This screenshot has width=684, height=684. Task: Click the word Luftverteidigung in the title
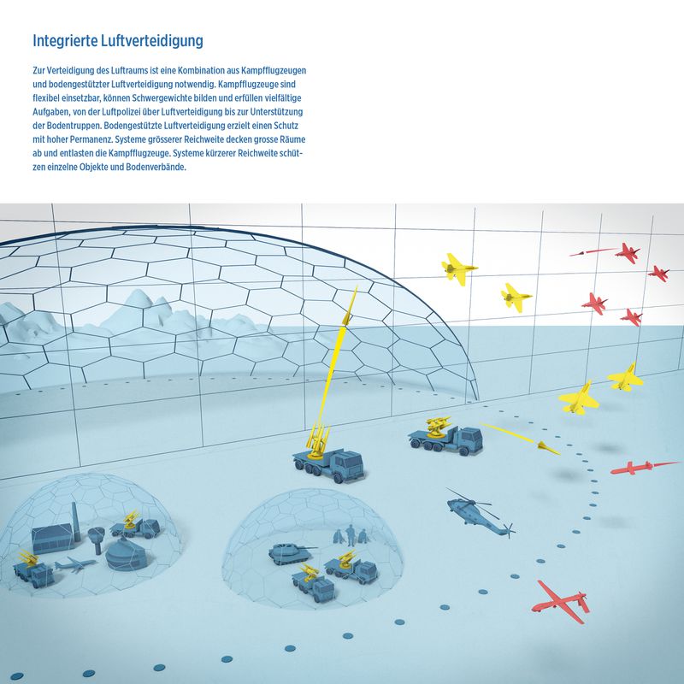pos(152,40)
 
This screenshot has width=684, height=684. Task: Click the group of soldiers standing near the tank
pos(351,535)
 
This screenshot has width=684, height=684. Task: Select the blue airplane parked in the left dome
pos(75,564)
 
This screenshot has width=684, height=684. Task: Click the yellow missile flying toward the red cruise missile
pos(521,438)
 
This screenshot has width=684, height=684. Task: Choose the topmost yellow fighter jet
pos(458,268)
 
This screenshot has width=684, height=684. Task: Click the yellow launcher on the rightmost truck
pos(439,425)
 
